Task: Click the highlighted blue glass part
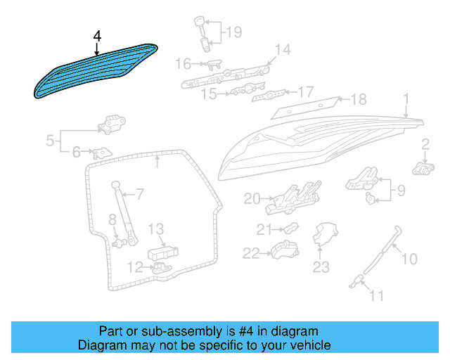click(96, 70)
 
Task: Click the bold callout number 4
click(97, 37)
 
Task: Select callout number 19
click(234, 32)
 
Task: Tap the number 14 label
click(283, 49)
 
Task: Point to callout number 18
click(359, 99)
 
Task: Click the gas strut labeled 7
click(125, 213)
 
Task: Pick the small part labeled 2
click(423, 169)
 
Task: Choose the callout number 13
click(156, 229)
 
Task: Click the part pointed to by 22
click(285, 250)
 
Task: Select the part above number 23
click(325, 234)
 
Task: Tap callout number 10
click(409, 259)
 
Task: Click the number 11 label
click(376, 296)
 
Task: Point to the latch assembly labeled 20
click(292, 198)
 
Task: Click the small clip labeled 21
click(291, 228)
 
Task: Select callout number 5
click(50, 141)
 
